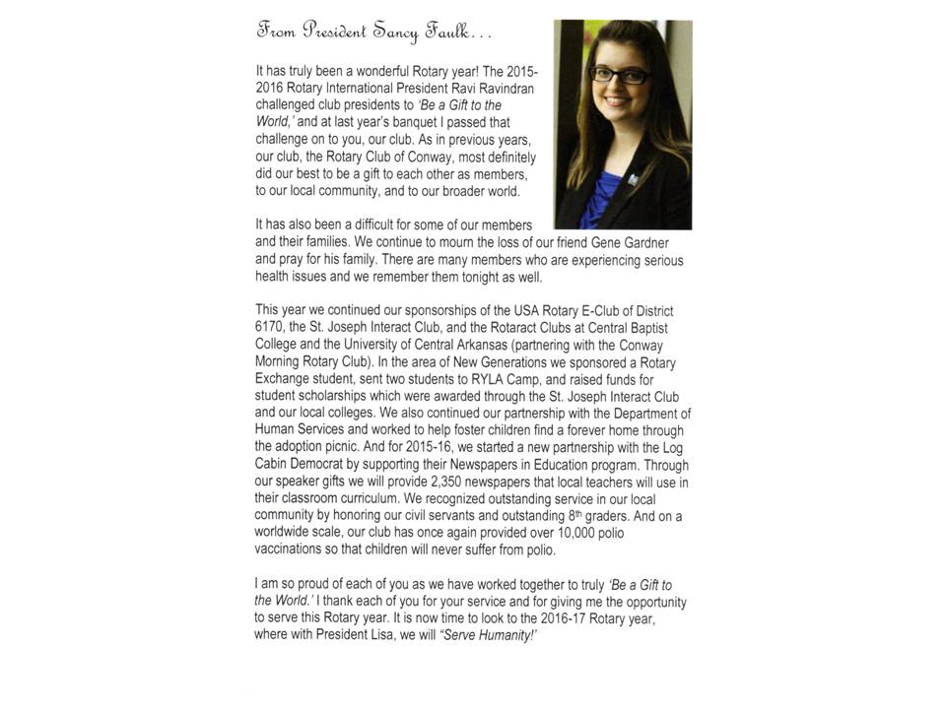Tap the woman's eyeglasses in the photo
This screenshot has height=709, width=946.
pos(619,74)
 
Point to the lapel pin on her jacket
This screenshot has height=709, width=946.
pos(655,178)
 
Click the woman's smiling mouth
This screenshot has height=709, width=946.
pos(617,101)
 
